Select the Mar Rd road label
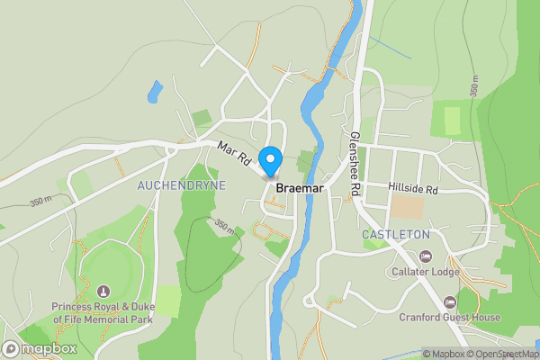pos(233,155)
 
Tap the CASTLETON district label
pos(396,234)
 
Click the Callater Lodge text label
pos(426,270)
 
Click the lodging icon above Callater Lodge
pos(426,256)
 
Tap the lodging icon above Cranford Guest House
pos(450,302)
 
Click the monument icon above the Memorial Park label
pos(103,291)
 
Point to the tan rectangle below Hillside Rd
pos(407,208)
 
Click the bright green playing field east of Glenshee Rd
pos(450,120)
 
